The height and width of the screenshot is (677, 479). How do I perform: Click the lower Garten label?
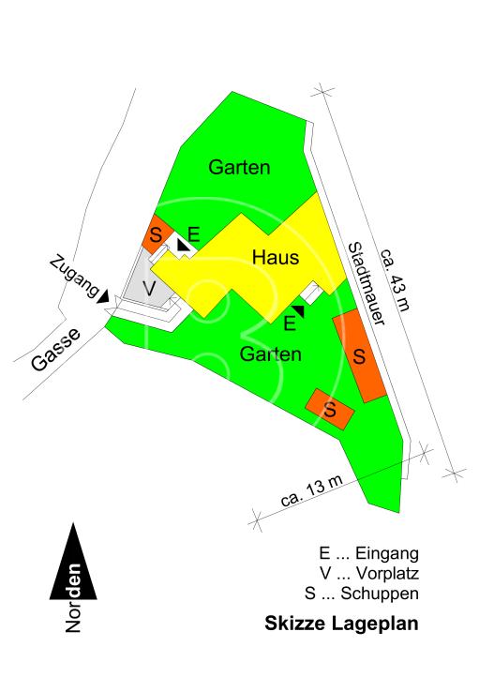point(270,354)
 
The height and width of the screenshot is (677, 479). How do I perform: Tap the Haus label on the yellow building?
point(275,256)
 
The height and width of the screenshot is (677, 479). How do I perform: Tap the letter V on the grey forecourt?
point(148,286)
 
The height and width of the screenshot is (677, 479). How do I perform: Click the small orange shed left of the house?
point(155,233)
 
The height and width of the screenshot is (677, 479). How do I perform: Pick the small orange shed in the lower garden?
point(331,408)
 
